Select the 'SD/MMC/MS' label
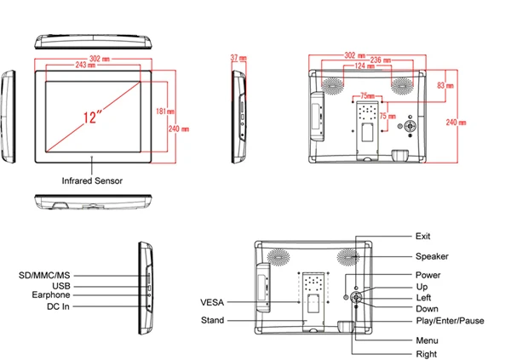[x=43, y=276]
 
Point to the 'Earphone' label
[x=51, y=295]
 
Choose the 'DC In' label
[x=58, y=306]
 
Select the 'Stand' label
[x=212, y=321]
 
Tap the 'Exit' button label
[x=423, y=236]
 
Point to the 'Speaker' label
[x=432, y=256]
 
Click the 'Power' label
[x=428, y=275]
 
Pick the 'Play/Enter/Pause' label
[x=450, y=322]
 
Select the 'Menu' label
[x=427, y=340]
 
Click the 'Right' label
[x=427, y=353]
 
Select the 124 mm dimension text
[x=365, y=66]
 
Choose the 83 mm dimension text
[x=444, y=85]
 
